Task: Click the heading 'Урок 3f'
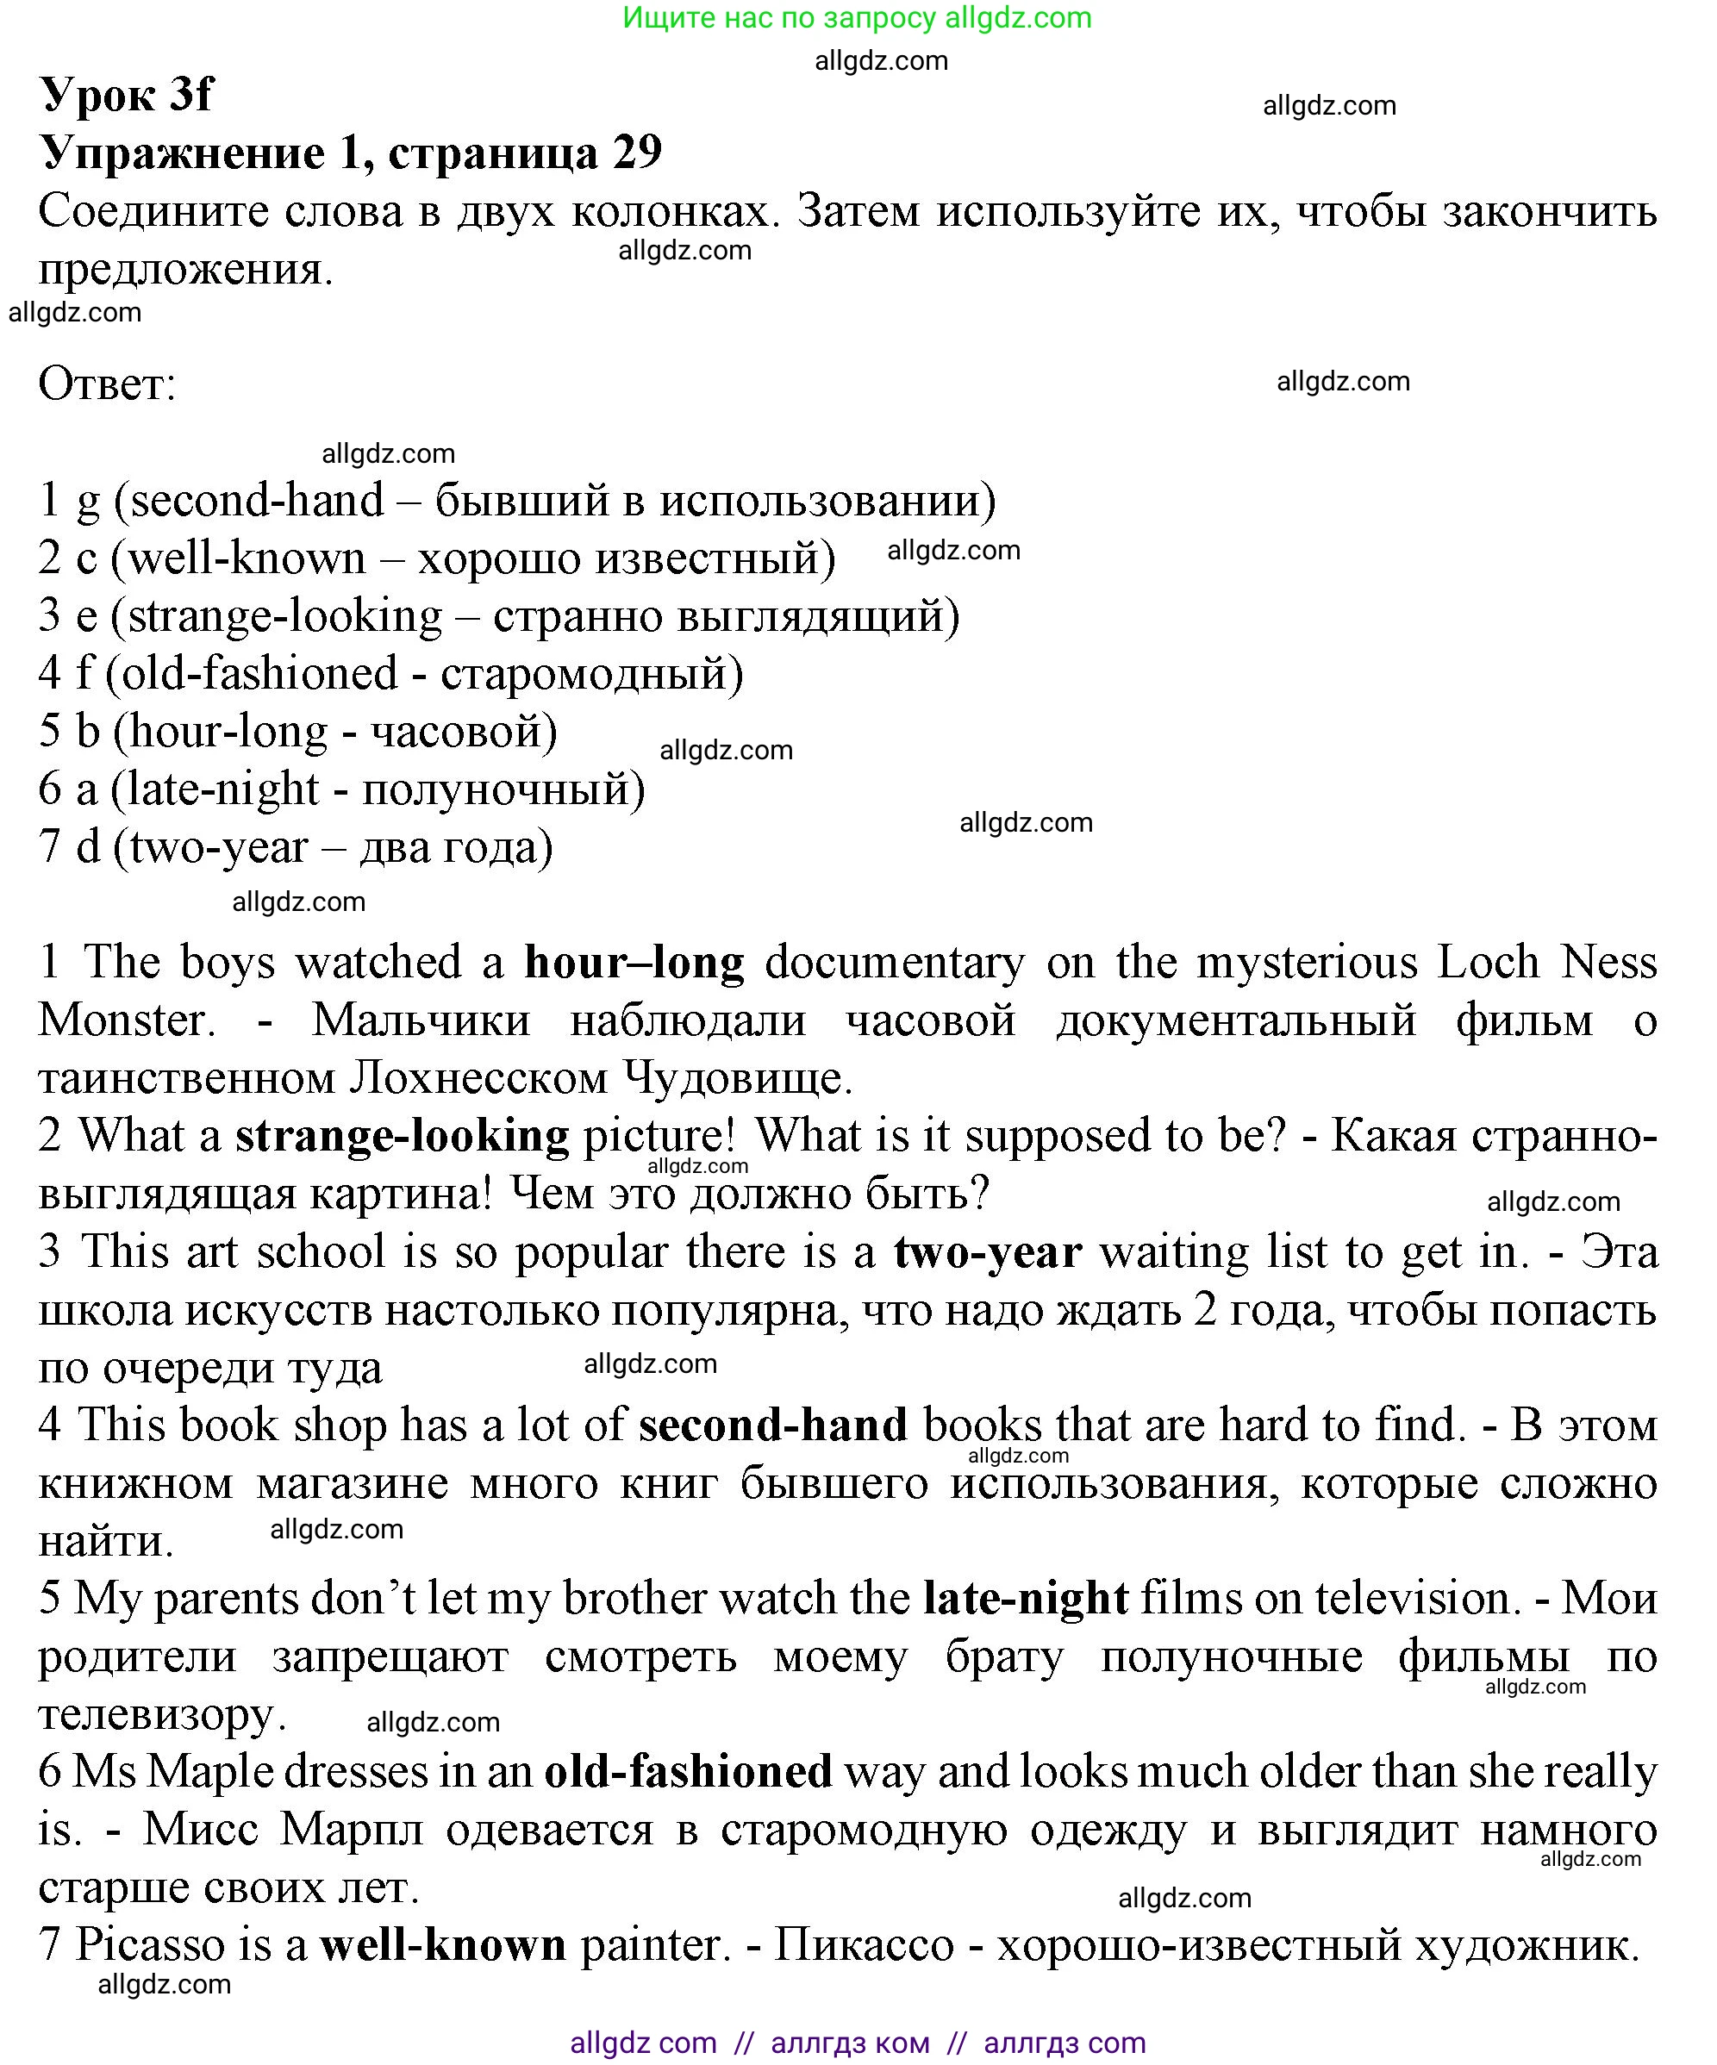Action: [x=126, y=95]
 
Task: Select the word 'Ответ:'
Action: [x=107, y=384]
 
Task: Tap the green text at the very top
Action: [x=858, y=18]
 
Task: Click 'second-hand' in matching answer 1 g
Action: [x=258, y=501]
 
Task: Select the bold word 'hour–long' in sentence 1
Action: [x=634, y=963]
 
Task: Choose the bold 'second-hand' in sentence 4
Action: [x=773, y=1426]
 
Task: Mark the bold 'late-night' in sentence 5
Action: [x=1025, y=1600]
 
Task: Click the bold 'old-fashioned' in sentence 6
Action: [x=689, y=1773]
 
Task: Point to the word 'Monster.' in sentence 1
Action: [x=127, y=1020]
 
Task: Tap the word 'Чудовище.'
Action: [x=738, y=1079]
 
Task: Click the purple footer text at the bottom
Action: [x=858, y=2043]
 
